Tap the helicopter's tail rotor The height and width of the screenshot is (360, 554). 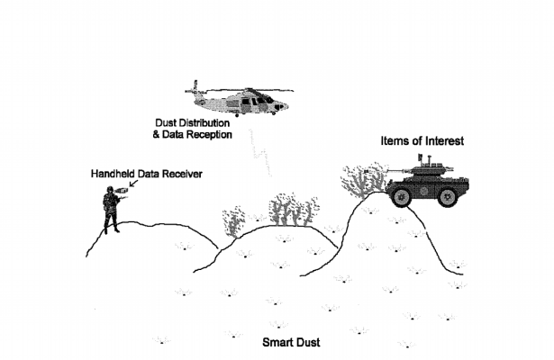pyautogui.click(x=191, y=91)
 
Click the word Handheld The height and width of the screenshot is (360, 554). pyautogui.click(x=114, y=172)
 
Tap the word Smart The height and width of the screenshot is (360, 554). pyautogui.click(x=277, y=343)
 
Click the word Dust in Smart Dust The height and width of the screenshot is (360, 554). pyautogui.click(x=308, y=343)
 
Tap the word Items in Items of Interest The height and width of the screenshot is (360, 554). pyautogui.click(x=394, y=141)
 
